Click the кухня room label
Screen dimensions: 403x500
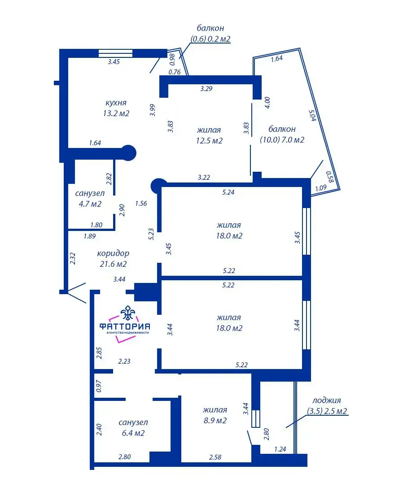pyautogui.click(x=116, y=103)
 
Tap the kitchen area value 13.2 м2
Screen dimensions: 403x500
pyautogui.click(x=116, y=113)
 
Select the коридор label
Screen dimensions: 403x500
pyautogui.click(x=113, y=253)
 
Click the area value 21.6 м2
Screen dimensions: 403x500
pyautogui.click(x=113, y=264)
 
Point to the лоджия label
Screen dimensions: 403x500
pyautogui.click(x=327, y=400)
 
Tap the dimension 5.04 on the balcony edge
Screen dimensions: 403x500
pyautogui.click(x=312, y=115)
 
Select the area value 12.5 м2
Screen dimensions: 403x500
pyautogui.click(x=209, y=141)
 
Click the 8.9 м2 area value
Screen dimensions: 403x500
pyautogui.click(x=215, y=421)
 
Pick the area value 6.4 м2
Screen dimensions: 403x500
pyautogui.click(x=133, y=433)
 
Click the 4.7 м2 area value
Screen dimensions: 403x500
pyautogui.click(x=90, y=204)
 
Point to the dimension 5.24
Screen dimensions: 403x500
pyautogui.click(x=228, y=192)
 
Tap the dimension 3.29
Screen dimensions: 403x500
pyautogui.click(x=206, y=89)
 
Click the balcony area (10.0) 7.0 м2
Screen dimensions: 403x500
pyautogui.click(x=282, y=139)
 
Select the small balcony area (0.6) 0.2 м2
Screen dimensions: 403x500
pyautogui.click(x=210, y=39)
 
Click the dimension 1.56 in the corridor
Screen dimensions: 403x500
pyautogui.click(x=141, y=204)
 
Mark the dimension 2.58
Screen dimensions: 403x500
pyautogui.click(x=215, y=457)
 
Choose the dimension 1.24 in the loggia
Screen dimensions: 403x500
pyautogui.click(x=280, y=449)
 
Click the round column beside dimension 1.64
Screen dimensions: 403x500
pyautogui.click(x=128, y=153)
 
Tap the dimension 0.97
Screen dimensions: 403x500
pyautogui.click(x=99, y=386)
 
